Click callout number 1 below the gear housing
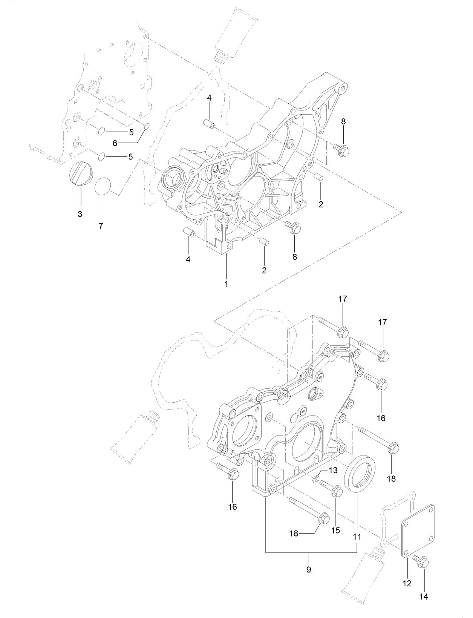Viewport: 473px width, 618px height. [x=227, y=284]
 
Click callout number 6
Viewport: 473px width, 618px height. [x=115, y=143]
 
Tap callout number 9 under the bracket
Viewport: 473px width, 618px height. [x=309, y=569]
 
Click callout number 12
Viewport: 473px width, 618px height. [x=407, y=583]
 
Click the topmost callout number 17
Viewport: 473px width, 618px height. [x=343, y=299]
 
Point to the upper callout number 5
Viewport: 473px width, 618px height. [x=131, y=132]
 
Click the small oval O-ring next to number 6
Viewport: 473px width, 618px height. [x=147, y=126]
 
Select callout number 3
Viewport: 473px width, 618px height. [x=80, y=214]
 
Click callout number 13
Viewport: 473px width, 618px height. [x=333, y=470]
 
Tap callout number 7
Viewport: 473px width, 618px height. [x=101, y=226]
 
